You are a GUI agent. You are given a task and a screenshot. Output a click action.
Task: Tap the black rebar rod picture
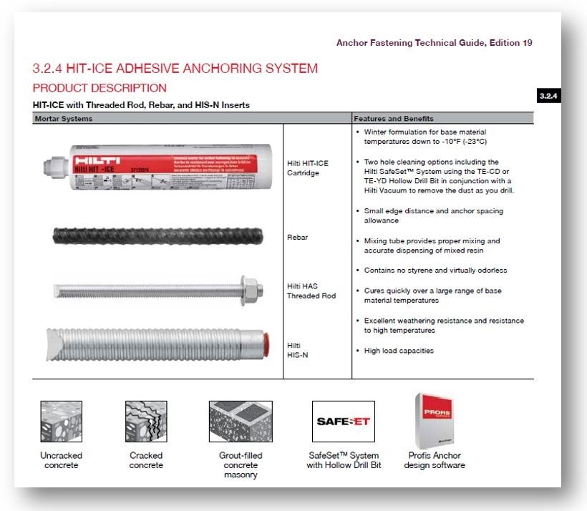[161, 235]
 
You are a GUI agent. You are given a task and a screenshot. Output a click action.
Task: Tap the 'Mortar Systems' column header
[63, 118]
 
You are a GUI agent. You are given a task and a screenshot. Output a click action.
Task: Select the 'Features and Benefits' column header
[394, 118]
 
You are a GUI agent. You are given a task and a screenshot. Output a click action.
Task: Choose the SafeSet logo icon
[343, 421]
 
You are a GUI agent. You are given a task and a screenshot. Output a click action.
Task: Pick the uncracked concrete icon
[61, 422]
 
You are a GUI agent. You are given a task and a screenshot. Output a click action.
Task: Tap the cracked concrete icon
[146, 422]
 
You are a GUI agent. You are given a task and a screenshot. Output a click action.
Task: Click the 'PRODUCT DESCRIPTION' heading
[100, 88]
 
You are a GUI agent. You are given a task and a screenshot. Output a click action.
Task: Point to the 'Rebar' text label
[297, 237]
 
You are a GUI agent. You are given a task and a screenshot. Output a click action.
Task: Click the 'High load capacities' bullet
[399, 351]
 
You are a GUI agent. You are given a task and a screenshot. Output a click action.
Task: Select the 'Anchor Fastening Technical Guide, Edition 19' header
[434, 43]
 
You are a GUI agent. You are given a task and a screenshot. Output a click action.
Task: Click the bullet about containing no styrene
[437, 270]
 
